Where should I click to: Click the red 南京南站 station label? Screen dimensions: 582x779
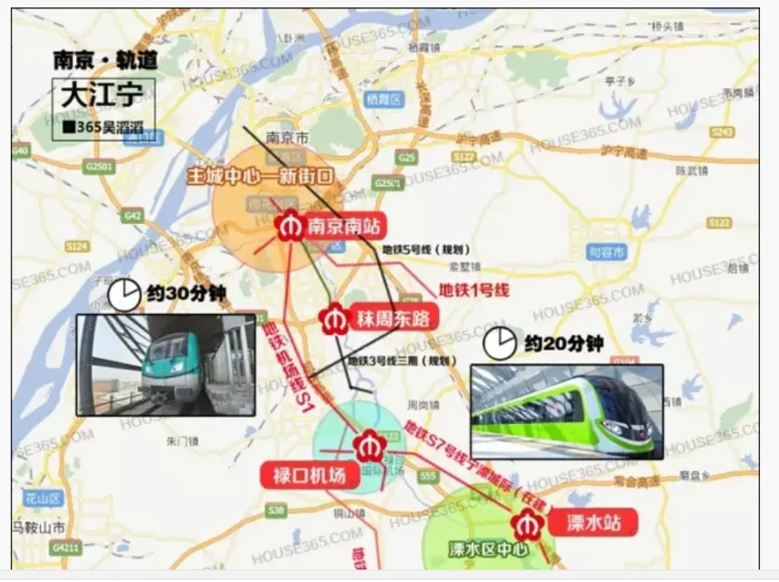pos(343,227)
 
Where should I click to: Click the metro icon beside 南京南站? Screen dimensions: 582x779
pos(290,227)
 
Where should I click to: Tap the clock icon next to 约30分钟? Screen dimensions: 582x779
pos(125,294)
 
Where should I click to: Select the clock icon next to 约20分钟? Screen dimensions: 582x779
pos(499,343)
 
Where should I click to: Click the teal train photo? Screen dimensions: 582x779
pos(165,364)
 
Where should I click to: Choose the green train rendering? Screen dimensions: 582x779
pos(566,412)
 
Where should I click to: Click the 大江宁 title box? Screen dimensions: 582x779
pos(102,94)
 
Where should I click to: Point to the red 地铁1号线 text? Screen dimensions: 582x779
pos(473,289)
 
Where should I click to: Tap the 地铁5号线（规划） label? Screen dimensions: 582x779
pos(426,249)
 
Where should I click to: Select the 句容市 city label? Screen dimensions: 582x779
pos(607,252)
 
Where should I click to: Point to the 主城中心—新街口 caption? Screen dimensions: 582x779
pos(260,176)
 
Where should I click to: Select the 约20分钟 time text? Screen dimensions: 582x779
pos(563,342)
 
